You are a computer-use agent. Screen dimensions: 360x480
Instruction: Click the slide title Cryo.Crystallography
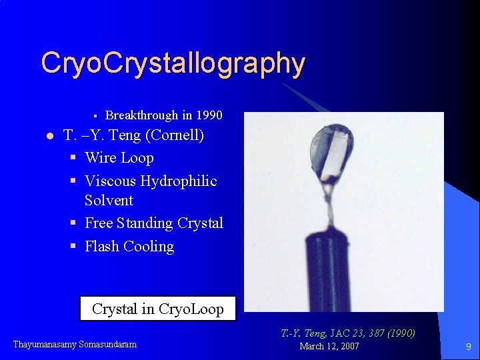click(x=173, y=64)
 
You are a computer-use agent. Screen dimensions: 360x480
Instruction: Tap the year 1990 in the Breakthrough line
click(x=209, y=115)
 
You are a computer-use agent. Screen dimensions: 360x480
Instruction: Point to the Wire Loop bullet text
click(x=119, y=158)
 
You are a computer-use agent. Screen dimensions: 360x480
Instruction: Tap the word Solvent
click(x=109, y=200)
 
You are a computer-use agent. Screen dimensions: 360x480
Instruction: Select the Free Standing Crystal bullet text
click(x=153, y=223)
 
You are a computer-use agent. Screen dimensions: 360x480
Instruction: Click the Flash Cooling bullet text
click(x=129, y=246)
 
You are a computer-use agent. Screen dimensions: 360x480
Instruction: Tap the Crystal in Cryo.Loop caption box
click(x=157, y=309)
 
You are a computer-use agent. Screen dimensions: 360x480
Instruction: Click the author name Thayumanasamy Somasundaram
click(x=75, y=345)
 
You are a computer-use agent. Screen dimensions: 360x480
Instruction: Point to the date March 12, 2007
click(x=329, y=346)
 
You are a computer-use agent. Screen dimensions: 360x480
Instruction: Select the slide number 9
click(x=468, y=347)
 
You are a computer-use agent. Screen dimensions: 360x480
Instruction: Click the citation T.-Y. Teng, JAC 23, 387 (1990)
click(x=347, y=333)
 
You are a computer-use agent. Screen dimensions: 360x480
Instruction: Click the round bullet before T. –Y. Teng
click(x=49, y=137)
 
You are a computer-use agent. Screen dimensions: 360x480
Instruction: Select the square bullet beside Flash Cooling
click(x=73, y=247)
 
